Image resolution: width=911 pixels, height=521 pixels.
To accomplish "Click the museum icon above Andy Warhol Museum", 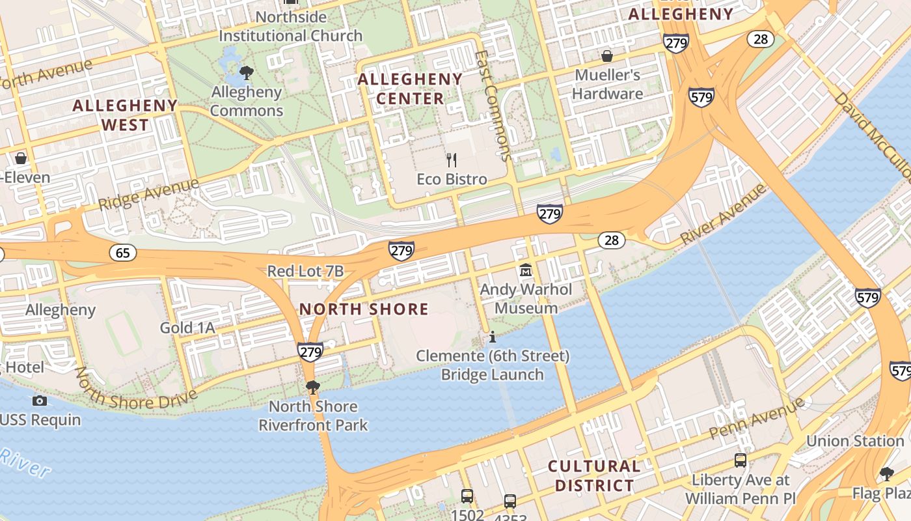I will coord(525,270).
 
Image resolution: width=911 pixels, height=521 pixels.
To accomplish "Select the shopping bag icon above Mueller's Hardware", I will coord(606,56).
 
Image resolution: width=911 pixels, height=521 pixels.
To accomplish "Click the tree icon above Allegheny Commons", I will coord(246,72).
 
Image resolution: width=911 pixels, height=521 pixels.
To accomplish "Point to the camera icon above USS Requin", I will coord(40,401).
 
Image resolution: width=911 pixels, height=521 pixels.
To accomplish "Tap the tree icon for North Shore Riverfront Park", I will coord(312,387).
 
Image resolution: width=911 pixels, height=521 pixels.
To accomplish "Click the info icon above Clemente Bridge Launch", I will coord(493,337).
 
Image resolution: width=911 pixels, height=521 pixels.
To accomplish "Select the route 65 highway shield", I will coord(123,253).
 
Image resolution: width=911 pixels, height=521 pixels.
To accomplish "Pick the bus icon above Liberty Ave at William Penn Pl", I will coord(740,460).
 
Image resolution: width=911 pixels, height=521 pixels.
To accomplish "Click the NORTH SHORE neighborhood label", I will coord(364,309).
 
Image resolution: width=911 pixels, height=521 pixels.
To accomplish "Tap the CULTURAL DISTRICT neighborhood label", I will coord(593,476).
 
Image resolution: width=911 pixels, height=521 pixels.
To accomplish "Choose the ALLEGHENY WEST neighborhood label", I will coord(125,115).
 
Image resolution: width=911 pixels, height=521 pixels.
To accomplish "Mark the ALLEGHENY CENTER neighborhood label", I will coord(410,89).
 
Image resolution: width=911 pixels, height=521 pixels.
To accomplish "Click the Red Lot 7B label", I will coord(305,272).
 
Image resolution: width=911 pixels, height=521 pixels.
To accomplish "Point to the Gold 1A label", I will coord(187,328).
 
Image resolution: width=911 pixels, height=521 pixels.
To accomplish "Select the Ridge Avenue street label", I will coord(148,194).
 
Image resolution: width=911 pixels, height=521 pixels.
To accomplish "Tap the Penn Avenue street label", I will coord(757,418).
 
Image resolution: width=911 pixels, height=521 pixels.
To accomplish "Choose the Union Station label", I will coord(855,441).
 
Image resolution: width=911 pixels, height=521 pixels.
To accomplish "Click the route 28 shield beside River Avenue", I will coord(611,240).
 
